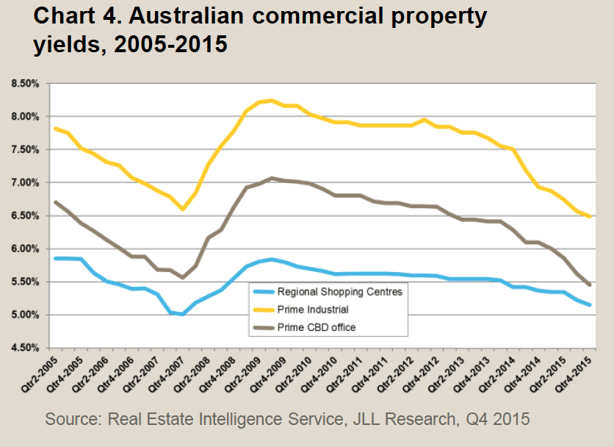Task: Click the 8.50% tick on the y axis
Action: [x=26, y=83]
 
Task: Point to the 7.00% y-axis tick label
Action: [x=26, y=182]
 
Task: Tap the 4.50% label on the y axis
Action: [x=26, y=348]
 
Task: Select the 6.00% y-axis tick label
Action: [x=26, y=248]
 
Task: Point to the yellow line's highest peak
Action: [x=271, y=101]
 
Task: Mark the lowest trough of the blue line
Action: [x=181, y=315]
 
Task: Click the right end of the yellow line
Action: [x=590, y=217]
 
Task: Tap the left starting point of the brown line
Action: [x=56, y=201]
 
